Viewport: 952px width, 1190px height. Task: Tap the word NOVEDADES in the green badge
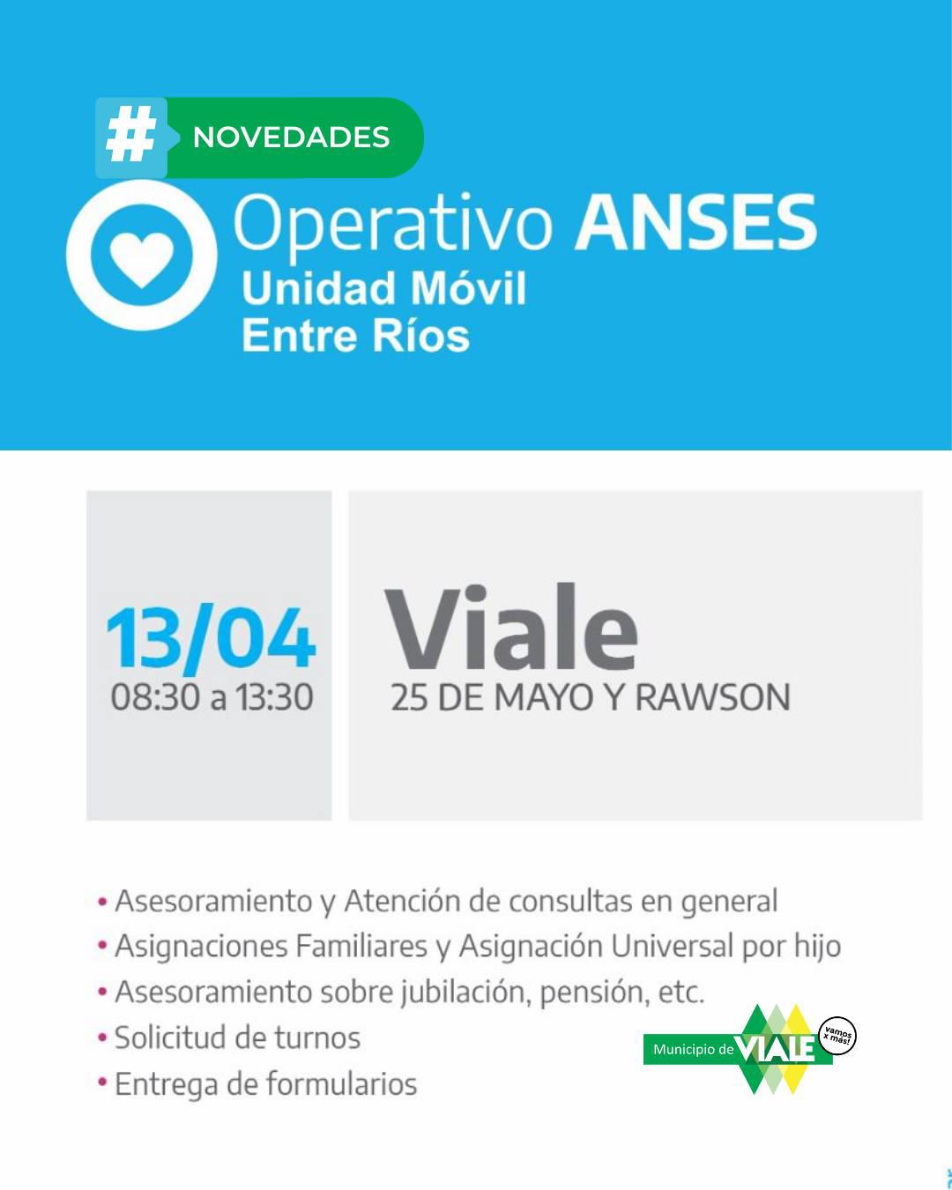(x=291, y=138)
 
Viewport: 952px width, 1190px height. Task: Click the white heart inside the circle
(x=142, y=259)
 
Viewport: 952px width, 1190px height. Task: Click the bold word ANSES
(x=695, y=222)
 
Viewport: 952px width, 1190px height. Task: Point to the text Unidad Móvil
(x=384, y=288)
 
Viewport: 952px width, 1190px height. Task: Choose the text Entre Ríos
(x=356, y=335)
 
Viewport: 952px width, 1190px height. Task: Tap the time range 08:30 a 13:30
(x=212, y=697)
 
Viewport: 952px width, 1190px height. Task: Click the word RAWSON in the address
(x=712, y=697)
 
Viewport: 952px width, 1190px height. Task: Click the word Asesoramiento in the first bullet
(x=214, y=902)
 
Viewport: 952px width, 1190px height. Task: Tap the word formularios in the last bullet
(x=342, y=1083)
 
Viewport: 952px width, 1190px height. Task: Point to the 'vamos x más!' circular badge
(x=837, y=1035)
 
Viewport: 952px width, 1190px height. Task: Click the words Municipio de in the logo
(x=693, y=1049)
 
